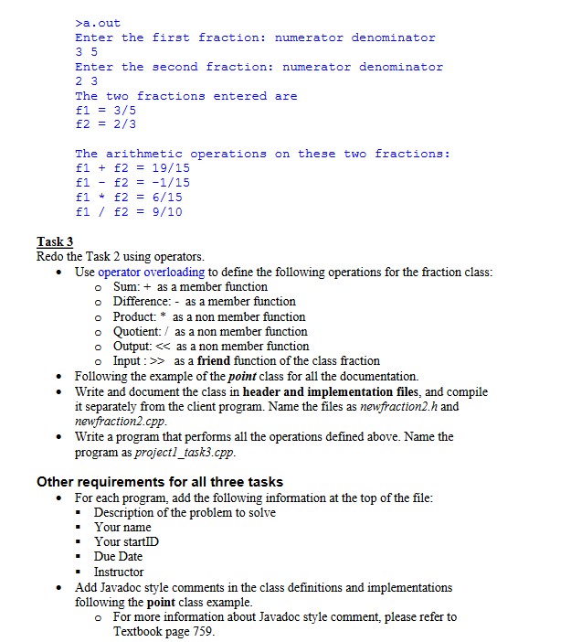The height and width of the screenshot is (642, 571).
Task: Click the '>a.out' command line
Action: coord(98,23)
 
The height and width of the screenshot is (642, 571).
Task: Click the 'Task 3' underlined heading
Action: coord(55,241)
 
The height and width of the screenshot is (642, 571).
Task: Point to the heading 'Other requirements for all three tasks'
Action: coord(160,482)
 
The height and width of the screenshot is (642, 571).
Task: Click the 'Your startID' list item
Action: coord(126,541)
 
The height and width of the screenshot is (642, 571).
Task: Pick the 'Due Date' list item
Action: coord(118,556)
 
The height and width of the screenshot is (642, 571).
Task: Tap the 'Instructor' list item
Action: coord(119,572)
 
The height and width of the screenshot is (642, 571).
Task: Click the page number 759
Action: coord(203,631)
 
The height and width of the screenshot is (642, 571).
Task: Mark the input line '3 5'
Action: coord(86,52)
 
